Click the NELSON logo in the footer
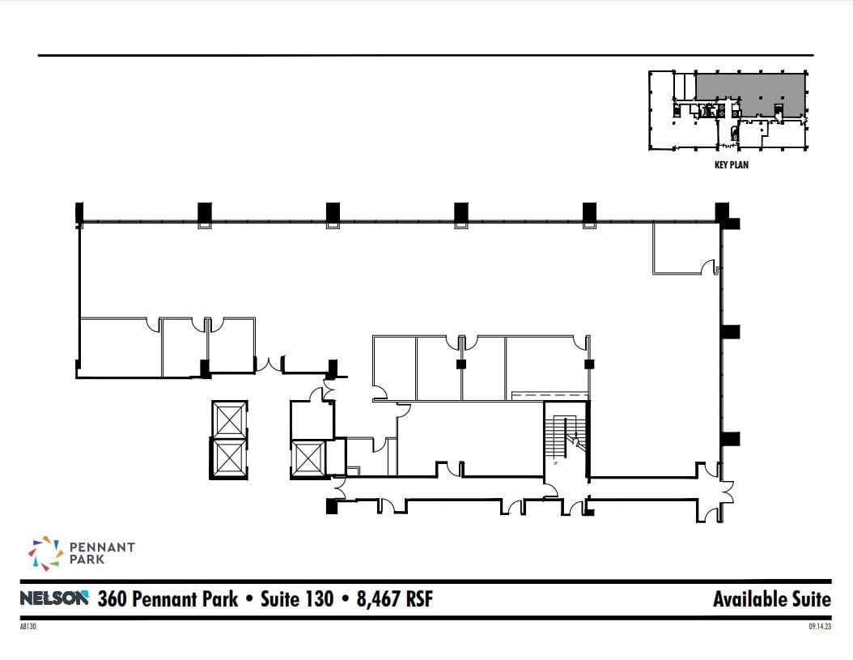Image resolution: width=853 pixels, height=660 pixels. coord(53,599)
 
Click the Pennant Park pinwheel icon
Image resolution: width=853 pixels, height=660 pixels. coord(44,553)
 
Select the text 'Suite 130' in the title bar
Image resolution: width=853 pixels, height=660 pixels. coord(296,599)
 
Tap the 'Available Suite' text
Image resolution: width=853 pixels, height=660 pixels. coord(771,599)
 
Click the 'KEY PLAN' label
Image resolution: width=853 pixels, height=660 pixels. coord(730,164)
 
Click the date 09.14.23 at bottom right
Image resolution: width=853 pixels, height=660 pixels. coord(819,625)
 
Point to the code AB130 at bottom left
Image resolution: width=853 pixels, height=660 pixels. coord(28,625)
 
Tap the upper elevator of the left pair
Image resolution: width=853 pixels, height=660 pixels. coord(229,419)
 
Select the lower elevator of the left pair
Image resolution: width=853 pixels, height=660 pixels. coord(229,458)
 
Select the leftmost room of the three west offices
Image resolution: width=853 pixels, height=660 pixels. coord(120,347)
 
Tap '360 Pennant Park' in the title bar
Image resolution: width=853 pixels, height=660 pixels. coord(168,599)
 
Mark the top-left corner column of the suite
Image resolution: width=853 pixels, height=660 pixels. coord(79,215)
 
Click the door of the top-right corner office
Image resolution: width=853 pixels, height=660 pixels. coord(710,267)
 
